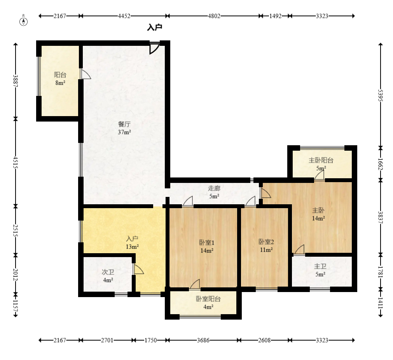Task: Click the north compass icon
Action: click(x=24, y=21)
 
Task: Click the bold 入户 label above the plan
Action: click(x=155, y=27)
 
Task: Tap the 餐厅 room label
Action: click(x=124, y=124)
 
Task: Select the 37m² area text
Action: click(x=124, y=132)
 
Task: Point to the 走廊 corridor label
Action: click(x=214, y=188)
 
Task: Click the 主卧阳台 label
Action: click(x=321, y=160)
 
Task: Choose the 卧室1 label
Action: click(x=207, y=242)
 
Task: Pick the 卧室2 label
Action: click(x=266, y=242)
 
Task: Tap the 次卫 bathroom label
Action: click(x=108, y=272)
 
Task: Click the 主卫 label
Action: click(x=320, y=266)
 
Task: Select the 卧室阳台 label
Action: click(x=208, y=299)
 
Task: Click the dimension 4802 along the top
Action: click(x=214, y=16)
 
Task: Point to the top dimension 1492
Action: click(x=276, y=16)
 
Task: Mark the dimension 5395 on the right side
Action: click(x=380, y=96)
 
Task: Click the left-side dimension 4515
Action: click(x=16, y=162)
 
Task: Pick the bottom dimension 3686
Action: click(x=203, y=340)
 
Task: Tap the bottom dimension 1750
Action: click(x=151, y=340)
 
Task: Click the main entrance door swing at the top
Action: click(x=154, y=48)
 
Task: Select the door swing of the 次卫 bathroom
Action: click(x=139, y=269)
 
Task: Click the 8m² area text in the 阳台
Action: click(x=60, y=83)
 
